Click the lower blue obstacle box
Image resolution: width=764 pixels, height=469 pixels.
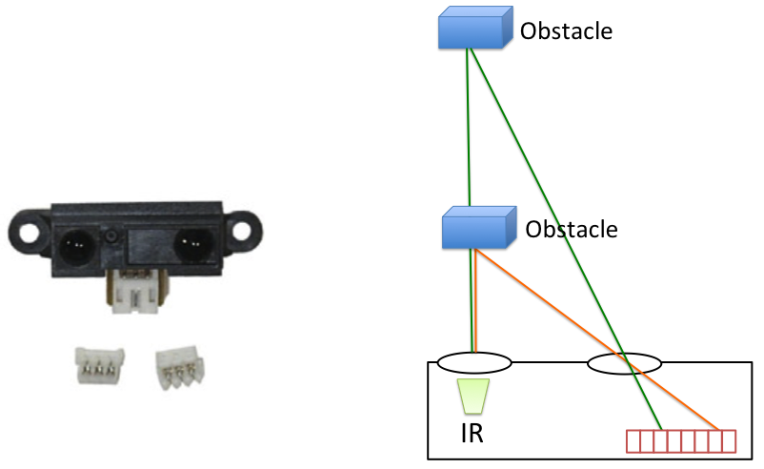click(479, 230)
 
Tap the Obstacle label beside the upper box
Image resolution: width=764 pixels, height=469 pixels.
click(566, 31)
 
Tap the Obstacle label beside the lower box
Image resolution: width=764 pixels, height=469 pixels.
click(572, 230)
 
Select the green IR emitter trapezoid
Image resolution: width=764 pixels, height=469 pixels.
click(473, 395)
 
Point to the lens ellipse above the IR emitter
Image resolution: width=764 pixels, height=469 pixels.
click(474, 362)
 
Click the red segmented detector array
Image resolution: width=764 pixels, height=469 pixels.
click(680, 441)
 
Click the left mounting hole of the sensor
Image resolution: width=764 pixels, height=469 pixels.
click(28, 232)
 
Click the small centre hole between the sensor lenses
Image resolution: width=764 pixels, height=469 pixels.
click(112, 234)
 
